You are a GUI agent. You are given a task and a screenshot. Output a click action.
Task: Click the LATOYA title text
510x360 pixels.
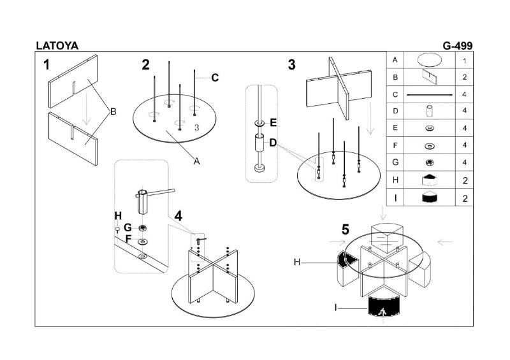coord(57,45)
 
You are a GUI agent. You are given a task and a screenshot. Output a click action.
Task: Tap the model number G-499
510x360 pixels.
coord(457,45)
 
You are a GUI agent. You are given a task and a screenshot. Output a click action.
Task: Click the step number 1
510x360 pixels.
coord(47,64)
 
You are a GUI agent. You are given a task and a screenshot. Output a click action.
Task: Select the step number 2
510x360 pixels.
coord(146,64)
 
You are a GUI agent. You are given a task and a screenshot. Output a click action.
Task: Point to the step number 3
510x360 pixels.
coord(292,64)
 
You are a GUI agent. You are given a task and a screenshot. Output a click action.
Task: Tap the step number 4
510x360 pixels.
coord(178,216)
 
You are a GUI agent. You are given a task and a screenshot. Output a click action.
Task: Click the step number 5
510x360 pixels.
coord(346,229)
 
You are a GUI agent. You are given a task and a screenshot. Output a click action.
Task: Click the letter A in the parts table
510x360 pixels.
coord(395,60)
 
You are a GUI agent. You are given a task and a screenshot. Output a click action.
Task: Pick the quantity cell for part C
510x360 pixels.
coord(465,94)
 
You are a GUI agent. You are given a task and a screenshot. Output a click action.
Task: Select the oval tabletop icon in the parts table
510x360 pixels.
coord(429,61)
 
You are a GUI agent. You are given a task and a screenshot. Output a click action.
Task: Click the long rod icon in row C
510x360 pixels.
coord(429,94)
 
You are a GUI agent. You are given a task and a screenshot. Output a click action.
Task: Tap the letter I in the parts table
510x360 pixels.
coord(395,198)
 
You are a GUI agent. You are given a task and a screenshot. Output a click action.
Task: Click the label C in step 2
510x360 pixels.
coord(215,78)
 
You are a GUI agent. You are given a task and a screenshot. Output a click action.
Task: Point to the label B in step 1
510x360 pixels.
coord(113,112)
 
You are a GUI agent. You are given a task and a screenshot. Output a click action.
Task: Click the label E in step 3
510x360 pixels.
coord(273,122)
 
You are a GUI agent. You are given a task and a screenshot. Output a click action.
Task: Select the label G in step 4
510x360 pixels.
coord(127,227)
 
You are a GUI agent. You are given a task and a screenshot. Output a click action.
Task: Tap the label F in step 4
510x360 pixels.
coord(127,240)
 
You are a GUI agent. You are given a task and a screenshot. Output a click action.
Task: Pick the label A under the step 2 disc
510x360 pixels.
coord(197,161)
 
